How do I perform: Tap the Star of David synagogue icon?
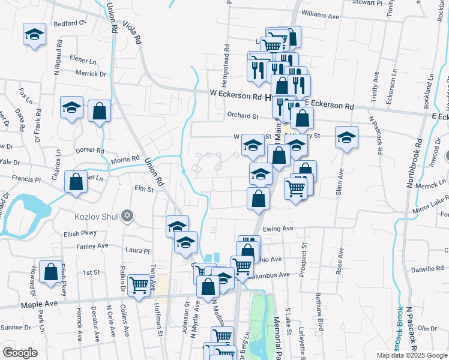[x=127, y=215]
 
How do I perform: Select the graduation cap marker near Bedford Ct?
[x=35, y=35]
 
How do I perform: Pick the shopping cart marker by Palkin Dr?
[x=139, y=286]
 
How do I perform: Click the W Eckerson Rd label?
[x=237, y=95]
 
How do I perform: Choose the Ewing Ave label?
[x=278, y=229]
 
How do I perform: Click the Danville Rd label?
[x=427, y=269]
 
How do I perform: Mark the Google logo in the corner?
[x=20, y=353]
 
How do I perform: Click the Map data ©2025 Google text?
[x=412, y=355]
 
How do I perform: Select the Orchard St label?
[x=242, y=116]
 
